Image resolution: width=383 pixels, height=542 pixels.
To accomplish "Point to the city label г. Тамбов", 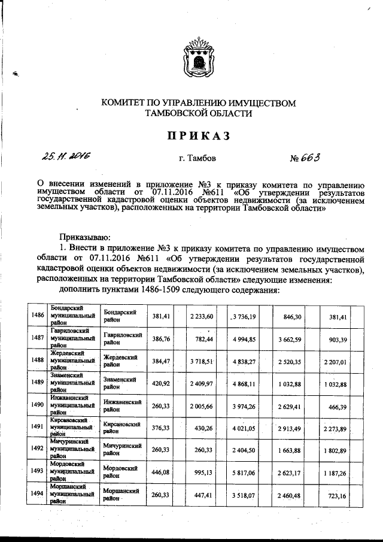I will click(x=197, y=159).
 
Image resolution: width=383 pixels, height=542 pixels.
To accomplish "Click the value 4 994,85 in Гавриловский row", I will click(x=244, y=339).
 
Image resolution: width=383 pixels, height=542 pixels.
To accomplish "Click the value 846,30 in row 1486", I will click(x=293, y=315).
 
